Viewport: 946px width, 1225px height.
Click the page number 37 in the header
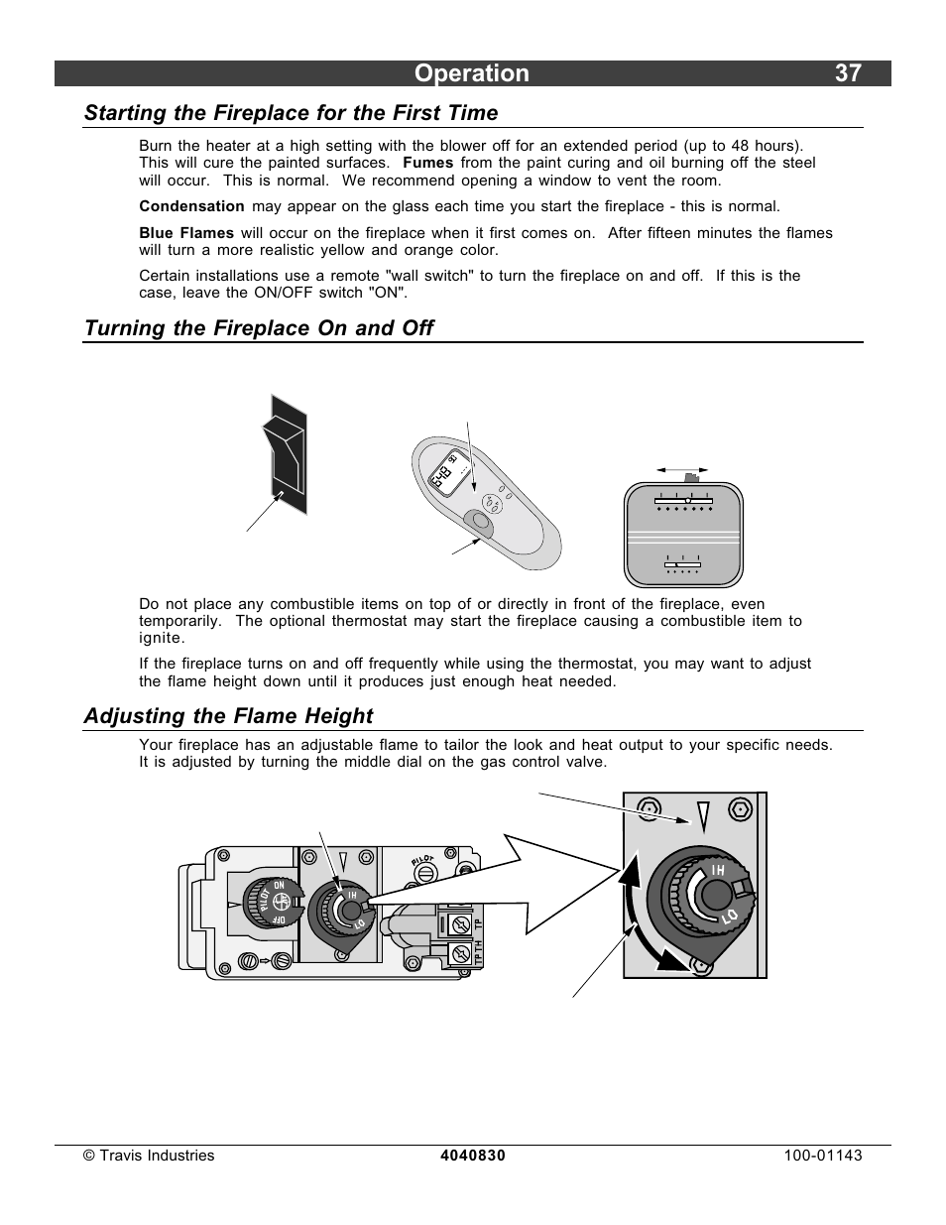848,73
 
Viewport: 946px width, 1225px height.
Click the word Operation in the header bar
472,73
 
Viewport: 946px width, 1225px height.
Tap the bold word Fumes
428,163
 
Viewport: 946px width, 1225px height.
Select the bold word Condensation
191,206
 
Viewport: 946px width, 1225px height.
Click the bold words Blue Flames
186,233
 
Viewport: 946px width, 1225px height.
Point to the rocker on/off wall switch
285,453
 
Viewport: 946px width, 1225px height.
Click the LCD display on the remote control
443,476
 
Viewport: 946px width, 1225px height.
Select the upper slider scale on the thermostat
683,502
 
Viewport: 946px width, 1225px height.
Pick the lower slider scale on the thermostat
682,565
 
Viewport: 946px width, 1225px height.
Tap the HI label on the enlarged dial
718,871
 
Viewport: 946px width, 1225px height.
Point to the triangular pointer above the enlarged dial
703,817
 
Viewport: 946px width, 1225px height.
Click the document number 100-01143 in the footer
822,1156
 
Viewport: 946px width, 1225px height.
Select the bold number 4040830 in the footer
473,1156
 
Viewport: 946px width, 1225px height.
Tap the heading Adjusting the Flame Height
228,716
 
